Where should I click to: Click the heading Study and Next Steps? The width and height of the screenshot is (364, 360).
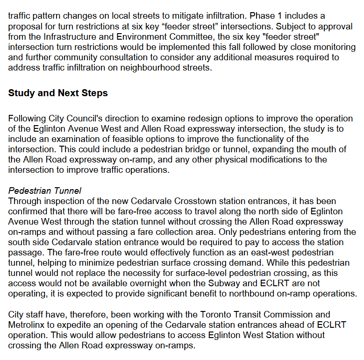[58, 93]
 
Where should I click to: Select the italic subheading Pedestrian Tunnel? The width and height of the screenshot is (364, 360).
[45, 191]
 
